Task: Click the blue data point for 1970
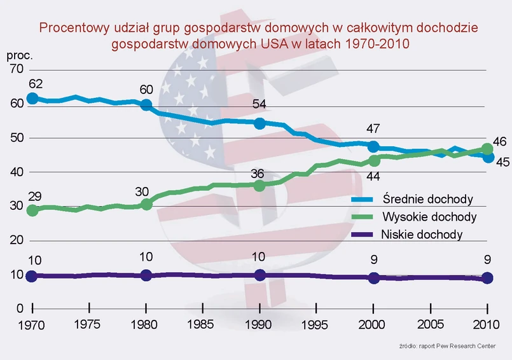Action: (x=32, y=99)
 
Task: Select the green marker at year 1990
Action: (x=259, y=186)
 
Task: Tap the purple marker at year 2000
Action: (x=374, y=278)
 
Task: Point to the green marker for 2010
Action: (x=487, y=149)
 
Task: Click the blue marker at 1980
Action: (x=146, y=105)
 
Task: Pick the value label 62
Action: (x=36, y=84)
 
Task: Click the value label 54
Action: (x=260, y=105)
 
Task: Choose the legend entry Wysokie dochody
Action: (x=429, y=217)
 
